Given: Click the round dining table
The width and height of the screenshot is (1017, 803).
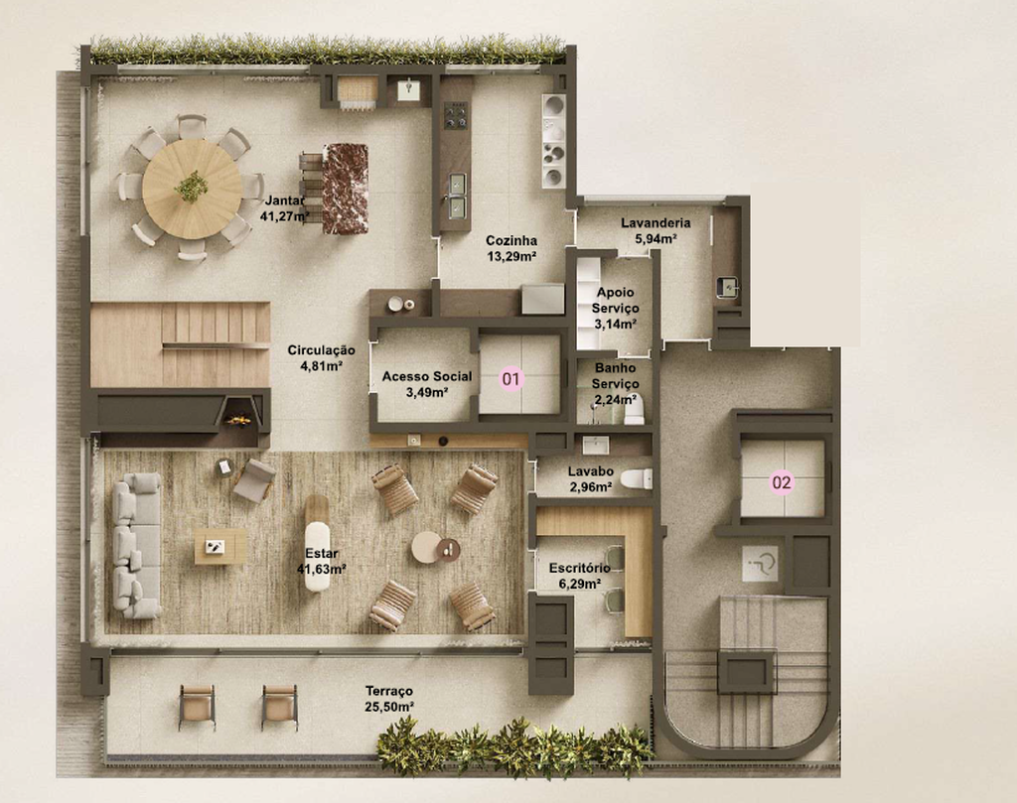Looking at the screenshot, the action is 193,189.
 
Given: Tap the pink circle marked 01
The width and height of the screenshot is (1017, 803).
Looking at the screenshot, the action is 511,378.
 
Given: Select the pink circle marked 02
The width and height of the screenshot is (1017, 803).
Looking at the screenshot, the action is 782,482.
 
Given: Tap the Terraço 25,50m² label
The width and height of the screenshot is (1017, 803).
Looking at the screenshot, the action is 389,699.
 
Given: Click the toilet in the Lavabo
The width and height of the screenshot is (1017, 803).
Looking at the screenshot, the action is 637,479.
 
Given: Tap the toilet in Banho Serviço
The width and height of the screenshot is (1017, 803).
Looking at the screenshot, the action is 635,409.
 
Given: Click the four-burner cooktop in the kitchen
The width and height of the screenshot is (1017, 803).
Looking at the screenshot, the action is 455,115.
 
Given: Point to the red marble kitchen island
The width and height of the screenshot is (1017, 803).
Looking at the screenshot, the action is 345,189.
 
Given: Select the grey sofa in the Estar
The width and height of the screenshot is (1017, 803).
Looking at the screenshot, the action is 137,545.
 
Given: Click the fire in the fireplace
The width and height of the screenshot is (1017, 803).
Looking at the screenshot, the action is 237,421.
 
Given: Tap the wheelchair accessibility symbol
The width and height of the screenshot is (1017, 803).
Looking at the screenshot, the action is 760,563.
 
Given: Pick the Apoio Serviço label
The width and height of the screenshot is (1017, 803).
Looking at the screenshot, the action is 615,309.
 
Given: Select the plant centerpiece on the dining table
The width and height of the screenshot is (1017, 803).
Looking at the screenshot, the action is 192,186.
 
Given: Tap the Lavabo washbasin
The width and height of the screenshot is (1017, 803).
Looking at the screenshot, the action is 596,446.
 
